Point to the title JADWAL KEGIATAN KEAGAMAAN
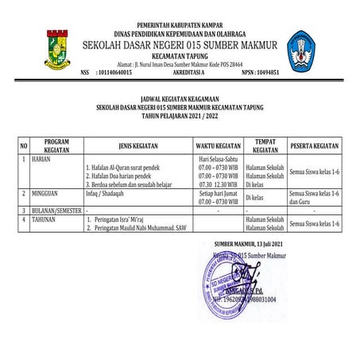coord(180,98)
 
